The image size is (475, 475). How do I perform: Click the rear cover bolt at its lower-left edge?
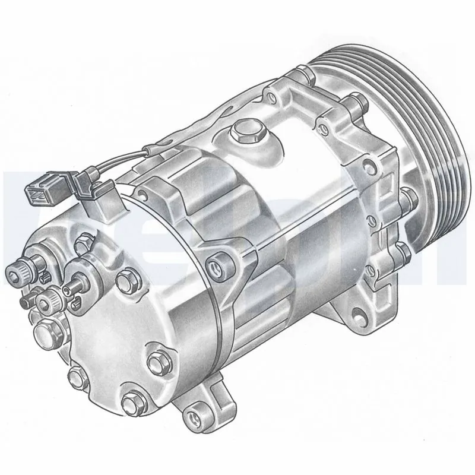(75, 375)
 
